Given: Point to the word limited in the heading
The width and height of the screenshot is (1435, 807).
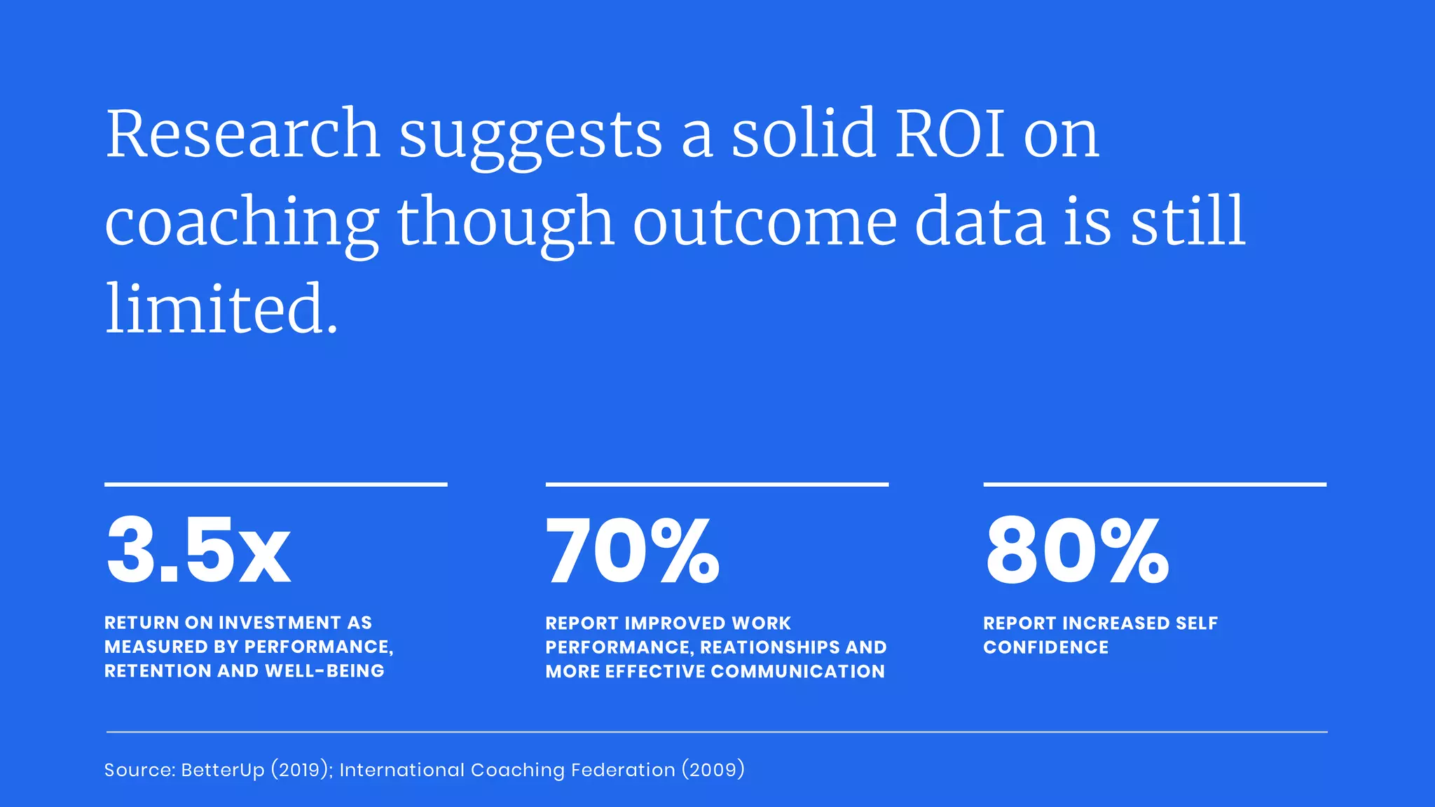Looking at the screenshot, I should (221, 308).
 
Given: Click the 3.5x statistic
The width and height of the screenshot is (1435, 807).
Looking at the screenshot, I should (198, 550).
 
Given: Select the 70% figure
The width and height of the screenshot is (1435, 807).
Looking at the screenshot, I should (633, 550).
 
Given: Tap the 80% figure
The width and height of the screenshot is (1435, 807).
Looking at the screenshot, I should (1077, 550).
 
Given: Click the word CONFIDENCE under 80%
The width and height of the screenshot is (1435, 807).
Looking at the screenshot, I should (1045, 647).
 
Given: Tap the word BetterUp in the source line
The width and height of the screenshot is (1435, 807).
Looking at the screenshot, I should (223, 770).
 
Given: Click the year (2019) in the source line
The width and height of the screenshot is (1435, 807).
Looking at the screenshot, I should (301, 770).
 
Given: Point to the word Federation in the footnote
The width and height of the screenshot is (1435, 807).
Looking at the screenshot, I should (623, 770).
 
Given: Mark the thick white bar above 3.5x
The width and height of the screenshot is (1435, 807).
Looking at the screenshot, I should (275, 484).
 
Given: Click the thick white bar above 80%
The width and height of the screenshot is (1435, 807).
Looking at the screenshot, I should (1155, 484).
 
